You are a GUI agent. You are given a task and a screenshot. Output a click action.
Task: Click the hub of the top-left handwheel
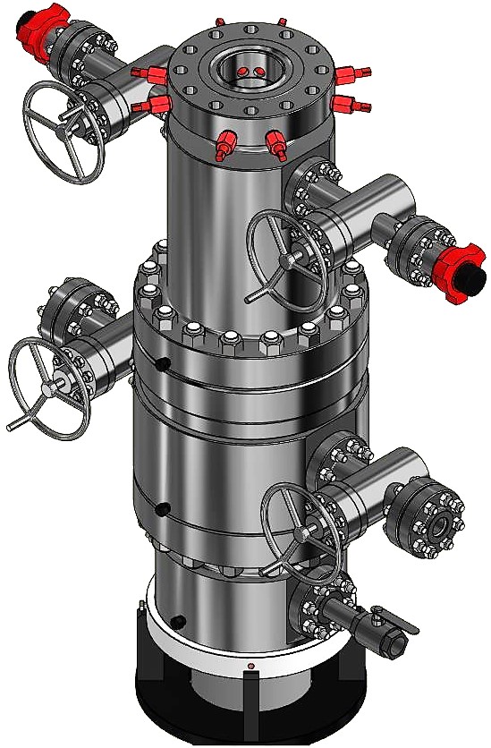click(x=63, y=132)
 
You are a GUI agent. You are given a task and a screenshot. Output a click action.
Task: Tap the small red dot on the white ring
click(x=250, y=666)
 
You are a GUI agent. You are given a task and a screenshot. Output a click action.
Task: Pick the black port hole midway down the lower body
click(x=162, y=509)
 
